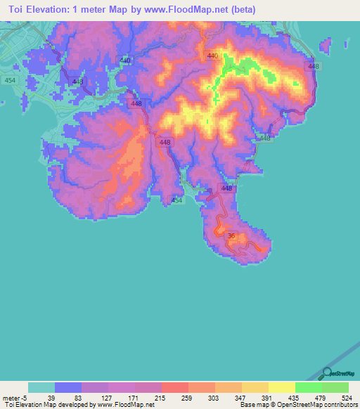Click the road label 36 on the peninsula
[x=231, y=236]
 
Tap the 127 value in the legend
[x=107, y=398]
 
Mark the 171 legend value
[x=134, y=398]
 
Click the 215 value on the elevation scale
[x=160, y=398]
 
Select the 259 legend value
[x=187, y=398]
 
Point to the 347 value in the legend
[x=240, y=398]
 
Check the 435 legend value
[x=294, y=398]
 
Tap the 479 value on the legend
[x=321, y=398]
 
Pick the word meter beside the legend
[x=11, y=398]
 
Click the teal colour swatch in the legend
[x=41, y=387]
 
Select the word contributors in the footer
[x=338, y=405]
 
